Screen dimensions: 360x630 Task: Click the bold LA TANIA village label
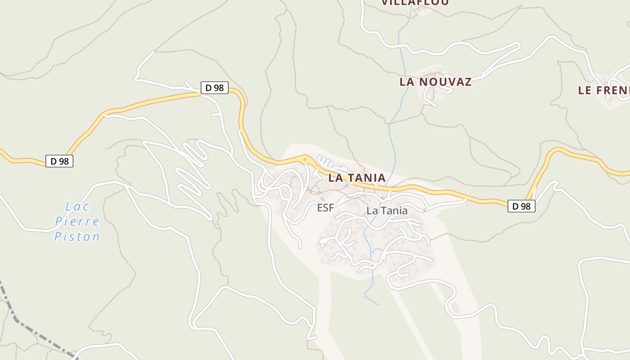point(356,178)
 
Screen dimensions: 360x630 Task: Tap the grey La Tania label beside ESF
point(387,211)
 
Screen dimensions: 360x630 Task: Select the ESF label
point(325,207)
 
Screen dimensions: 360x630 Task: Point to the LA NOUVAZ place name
point(435,82)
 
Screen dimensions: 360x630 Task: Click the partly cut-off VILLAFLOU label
point(415,3)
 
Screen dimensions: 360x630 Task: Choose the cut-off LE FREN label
point(603,90)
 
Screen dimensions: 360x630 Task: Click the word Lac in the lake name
point(77,207)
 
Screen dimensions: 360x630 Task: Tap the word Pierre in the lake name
point(77,221)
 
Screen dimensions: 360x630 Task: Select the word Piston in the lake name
point(77,236)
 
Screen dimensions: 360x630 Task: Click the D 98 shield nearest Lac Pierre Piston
point(59,161)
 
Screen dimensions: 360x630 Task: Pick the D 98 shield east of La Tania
point(522,206)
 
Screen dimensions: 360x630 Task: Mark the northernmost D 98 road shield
point(214,87)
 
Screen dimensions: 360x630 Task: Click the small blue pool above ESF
point(322,198)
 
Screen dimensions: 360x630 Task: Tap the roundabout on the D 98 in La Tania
point(305,159)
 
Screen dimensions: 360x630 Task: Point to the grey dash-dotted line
point(36,333)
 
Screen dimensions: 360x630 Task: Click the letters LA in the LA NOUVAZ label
point(407,82)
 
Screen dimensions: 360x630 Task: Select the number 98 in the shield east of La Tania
point(526,206)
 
